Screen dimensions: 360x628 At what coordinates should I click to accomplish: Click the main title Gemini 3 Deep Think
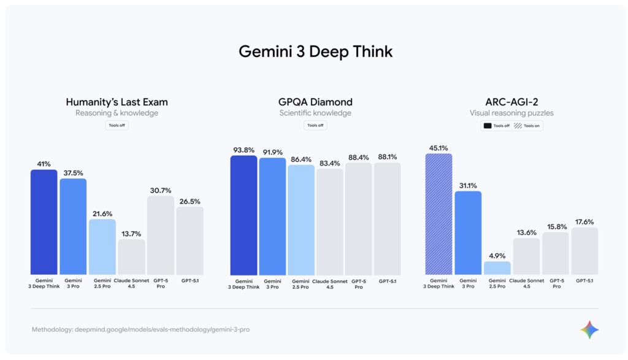click(315, 52)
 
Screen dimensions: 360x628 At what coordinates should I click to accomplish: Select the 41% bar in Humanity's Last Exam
click(44, 222)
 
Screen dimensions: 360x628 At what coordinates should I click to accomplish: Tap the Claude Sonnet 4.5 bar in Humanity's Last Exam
click(131, 256)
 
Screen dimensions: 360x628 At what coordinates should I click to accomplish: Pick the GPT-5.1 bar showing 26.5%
click(190, 240)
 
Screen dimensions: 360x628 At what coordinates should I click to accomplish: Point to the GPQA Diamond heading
click(315, 102)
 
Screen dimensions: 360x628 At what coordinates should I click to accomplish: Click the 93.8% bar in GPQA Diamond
click(243, 215)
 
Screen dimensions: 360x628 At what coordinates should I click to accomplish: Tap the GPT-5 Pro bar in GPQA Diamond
click(358, 218)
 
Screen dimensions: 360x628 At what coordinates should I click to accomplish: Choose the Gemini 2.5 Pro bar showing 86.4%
click(301, 220)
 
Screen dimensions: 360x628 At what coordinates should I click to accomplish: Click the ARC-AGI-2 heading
click(511, 102)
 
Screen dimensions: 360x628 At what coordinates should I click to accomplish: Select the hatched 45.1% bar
click(438, 213)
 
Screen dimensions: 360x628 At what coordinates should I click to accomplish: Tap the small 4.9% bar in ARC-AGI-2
click(497, 268)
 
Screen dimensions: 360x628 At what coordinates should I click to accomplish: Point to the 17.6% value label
click(584, 222)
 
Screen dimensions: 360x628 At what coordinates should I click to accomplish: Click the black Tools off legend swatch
click(488, 126)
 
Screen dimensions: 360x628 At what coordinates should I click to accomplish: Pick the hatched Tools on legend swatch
click(518, 126)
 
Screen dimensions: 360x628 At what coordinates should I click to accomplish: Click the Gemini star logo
click(589, 329)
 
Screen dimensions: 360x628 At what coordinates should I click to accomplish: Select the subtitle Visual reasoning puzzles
click(511, 113)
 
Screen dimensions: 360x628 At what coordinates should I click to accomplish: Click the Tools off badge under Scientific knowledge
click(315, 125)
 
